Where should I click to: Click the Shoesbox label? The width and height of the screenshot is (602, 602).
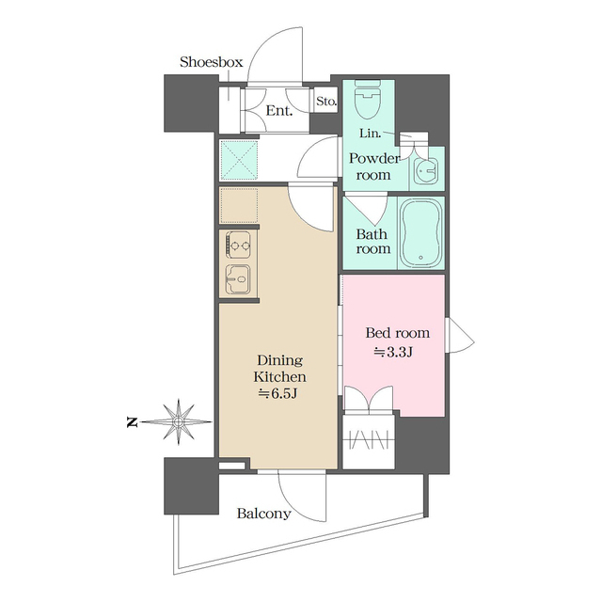click(x=212, y=62)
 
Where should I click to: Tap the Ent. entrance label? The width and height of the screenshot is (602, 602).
click(x=279, y=111)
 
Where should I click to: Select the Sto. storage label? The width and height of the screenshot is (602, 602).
click(x=325, y=101)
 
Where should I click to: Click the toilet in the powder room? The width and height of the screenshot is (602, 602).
click(x=367, y=98)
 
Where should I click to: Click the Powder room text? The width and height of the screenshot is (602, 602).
click(x=374, y=166)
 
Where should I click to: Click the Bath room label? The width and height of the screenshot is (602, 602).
click(x=372, y=242)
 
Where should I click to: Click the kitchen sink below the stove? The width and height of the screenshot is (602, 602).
click(x=237, y=279)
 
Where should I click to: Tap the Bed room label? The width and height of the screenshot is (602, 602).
click(x=397, y=333)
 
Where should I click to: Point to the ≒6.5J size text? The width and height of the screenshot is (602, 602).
click(x=277, y=392)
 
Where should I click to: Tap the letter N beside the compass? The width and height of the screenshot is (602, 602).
click(x=132, y=421)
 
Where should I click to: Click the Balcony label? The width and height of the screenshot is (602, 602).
click(x=263, y=515)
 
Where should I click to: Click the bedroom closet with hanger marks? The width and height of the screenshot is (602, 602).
click(x=371, y=438)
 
